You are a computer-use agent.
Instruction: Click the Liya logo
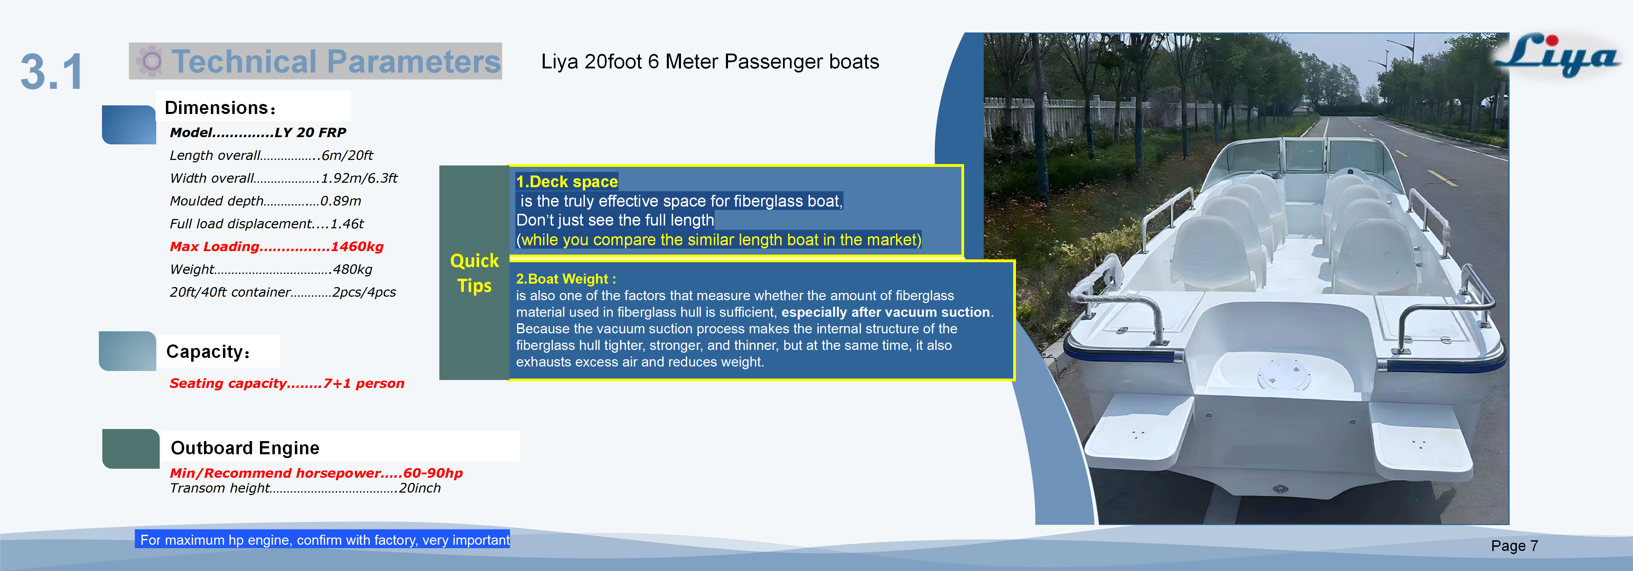[x=1556, y=56]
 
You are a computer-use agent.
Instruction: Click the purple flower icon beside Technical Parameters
[x=150, y=61]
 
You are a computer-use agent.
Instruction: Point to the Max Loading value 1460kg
[x=357, y=247]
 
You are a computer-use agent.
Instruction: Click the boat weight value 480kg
[x=353, y=269]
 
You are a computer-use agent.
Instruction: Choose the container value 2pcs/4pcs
[x=364, y=292]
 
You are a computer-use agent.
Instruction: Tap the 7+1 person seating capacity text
[x=363, y=383]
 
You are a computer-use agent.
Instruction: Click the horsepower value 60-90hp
[x=433, y=473]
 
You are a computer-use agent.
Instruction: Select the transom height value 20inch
[x=420, y=488]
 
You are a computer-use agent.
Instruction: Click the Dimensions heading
[x=220, y=108]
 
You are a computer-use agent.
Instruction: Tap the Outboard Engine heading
[x=245, y=448]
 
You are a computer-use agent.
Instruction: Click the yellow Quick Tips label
[x=474, y=273]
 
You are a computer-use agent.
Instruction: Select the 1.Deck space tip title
[x=567, y=182]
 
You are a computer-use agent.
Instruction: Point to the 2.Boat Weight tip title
[x=566, y=279]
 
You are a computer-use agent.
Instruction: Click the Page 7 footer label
[x=1514, y=546]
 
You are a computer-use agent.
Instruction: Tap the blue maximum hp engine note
[x=324, y=540]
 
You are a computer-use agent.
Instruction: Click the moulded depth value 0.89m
[x=340, y=201]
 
